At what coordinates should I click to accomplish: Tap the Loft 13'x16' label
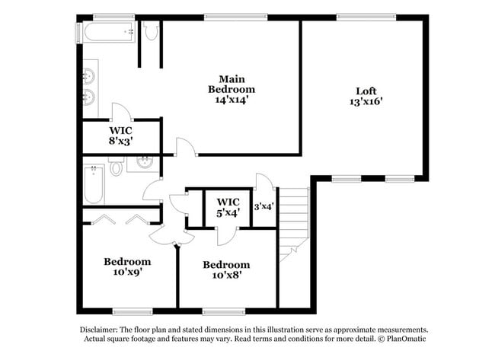tap(366, 94)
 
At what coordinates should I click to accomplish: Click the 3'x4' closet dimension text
tap(263, 205)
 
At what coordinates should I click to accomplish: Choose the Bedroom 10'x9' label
tap(127, 266)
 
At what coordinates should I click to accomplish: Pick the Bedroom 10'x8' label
tap(225, 270)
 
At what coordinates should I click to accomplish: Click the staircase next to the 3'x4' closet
tap(293, 221)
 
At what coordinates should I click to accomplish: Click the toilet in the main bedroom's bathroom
tap(150, 30)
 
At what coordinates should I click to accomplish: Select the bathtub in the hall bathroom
tap(94, 183)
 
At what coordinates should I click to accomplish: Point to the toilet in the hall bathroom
tap(116, 167)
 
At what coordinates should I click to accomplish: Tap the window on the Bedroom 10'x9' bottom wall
tap(129, 311)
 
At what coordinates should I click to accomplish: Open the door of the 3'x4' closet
tap(263, 183)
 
